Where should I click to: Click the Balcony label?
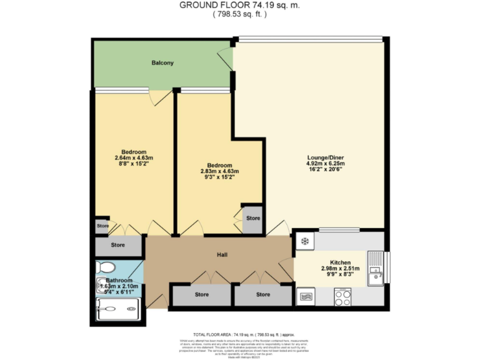[x=162, y=63]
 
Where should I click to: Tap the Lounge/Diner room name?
[x=326, y=157]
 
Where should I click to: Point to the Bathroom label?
[x=119, y=281]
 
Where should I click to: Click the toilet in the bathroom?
[x=104, y=267]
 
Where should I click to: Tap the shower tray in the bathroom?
[x=118, y=307]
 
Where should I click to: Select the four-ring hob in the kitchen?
[x=342, y=297]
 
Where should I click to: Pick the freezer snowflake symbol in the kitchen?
[x=305, y=241]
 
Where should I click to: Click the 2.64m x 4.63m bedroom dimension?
[x=134, y=158]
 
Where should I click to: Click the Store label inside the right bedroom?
[x=253, y=218]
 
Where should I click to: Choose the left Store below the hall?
[x=201, y=294]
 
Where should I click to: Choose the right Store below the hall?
[x=262, y=294]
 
